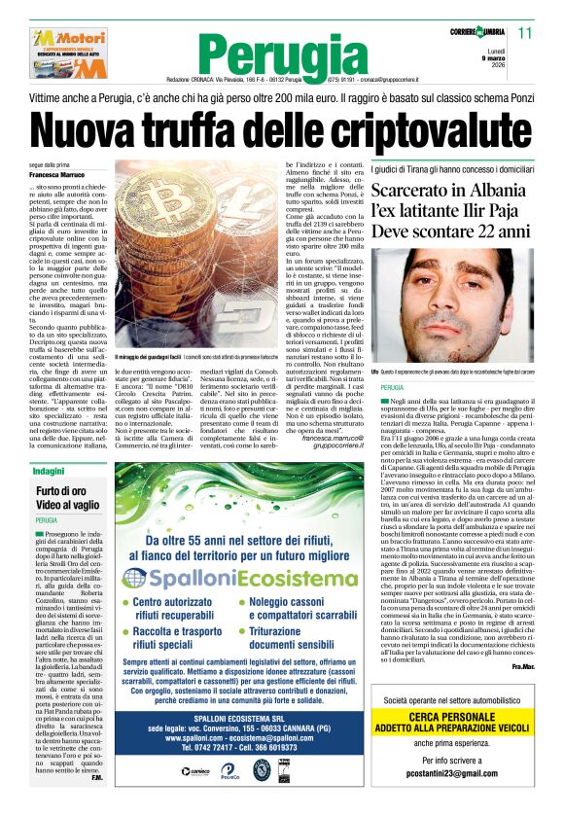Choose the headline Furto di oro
click(60, 492)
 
